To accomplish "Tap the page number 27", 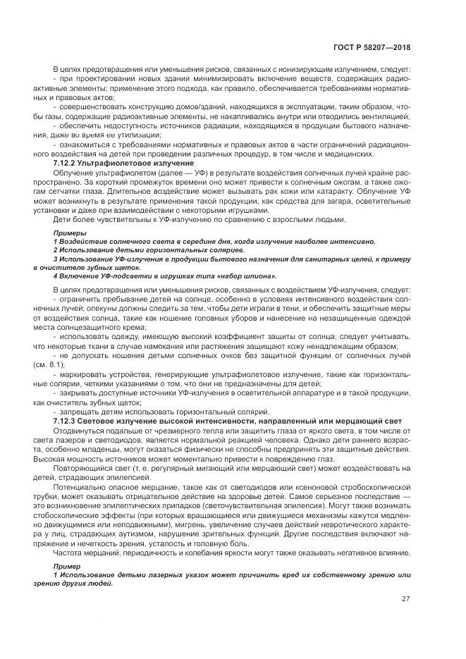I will [405, 599].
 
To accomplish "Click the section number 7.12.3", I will [66, 421].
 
